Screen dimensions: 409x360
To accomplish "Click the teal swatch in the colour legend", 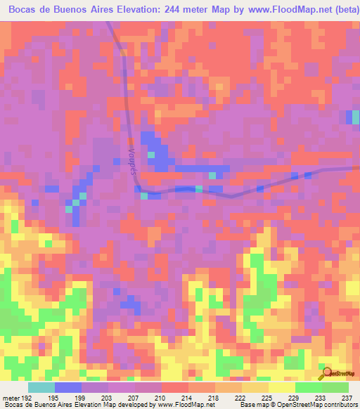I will (x=41, y=388).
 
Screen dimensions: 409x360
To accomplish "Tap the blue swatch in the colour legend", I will (x=68, y=388).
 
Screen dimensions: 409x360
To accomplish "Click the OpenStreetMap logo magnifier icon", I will (x=328, y=372).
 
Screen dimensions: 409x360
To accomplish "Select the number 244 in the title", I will (x=164, y=9).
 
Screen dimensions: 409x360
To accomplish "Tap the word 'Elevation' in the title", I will (x=127, y=9).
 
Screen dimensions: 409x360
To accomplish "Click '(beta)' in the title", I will (x=343, y=9).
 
